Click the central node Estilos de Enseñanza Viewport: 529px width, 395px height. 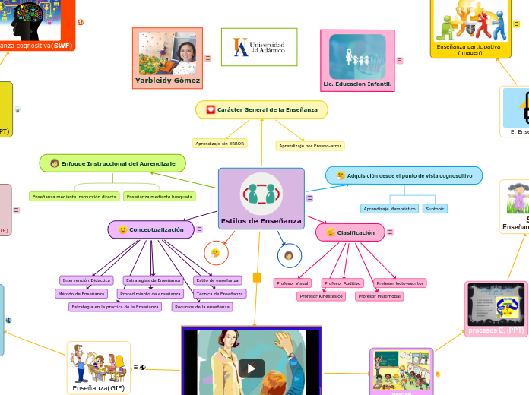click(261, 198)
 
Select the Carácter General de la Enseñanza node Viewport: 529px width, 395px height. click(261, 109)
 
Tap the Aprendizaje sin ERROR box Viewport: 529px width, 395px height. click(220, 143)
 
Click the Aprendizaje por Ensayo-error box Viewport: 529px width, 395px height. click(310, 145)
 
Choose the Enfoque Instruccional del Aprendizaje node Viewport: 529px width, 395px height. click(112, 163)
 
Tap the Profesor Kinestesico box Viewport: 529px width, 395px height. click(321, 296)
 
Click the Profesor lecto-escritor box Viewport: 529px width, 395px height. click(400, 283)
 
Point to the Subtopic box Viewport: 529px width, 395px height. click(435, 208)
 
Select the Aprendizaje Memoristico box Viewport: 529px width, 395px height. click(389, 208)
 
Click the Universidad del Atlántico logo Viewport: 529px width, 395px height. click(258, 47)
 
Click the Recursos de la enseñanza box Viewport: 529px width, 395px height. click(201, 307)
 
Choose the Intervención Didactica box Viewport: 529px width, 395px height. click(87, 280)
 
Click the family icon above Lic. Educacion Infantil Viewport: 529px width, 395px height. click(357, 55)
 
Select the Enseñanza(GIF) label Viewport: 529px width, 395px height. click(98, 387)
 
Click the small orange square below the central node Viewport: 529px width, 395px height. click(257, 277)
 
